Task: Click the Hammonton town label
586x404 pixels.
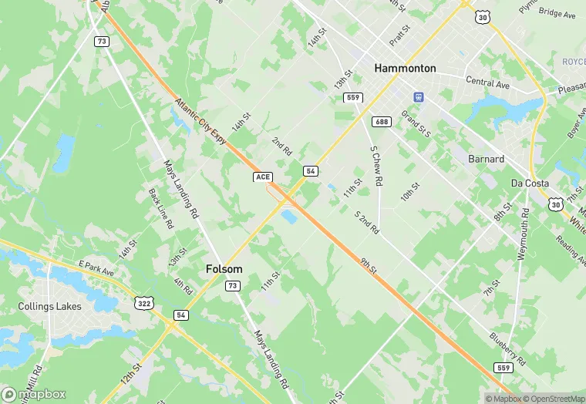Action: [405, 68]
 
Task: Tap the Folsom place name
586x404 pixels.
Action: [224, 269]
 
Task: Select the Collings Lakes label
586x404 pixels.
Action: [49, 306]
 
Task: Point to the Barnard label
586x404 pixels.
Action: [487, 159]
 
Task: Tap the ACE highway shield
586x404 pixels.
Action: [263, 177]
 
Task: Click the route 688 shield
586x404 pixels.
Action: [381, 122]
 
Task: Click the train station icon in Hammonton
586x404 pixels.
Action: [419, 97]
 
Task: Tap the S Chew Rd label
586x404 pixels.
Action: [376, 166]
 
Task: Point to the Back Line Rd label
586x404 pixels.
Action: [160, 210]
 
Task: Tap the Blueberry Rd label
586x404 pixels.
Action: [507, 350]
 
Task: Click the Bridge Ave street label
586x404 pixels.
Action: [557, 14]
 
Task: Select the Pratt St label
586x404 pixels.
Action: [399, 34]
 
